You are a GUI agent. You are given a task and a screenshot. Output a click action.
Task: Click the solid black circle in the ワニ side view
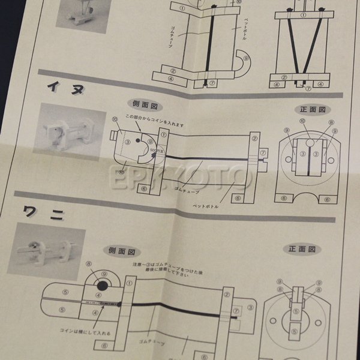(x=101, y=284)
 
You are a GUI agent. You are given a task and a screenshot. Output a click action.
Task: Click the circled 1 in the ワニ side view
(x=130, y=282)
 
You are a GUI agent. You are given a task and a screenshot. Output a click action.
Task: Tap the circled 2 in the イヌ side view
(x=255, y=139)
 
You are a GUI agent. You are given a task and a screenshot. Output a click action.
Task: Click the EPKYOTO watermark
(x=180, y=176)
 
